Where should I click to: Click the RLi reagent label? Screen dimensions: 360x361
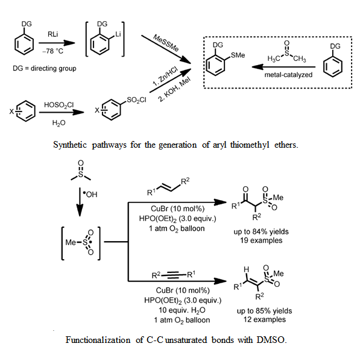pyautogui.click(x=52, y=34)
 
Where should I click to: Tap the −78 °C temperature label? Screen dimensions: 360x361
pyautogui.click(x=52, y=51)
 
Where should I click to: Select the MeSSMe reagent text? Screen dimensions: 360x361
pyautogui.click(x=166, y=43)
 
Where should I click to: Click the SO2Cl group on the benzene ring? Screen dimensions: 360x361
pyautogui.click(x=136, y=100)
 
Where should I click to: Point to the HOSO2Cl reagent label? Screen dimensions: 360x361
pyautogui.click(x=58, y=105)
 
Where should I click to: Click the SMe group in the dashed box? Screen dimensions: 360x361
pyautogui.click(x=238, y=55)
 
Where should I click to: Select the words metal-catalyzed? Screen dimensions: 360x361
pyautogui.click(x=288, y=75)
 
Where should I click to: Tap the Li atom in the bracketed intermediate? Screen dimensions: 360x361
pyautogui.click(x=118, y=34)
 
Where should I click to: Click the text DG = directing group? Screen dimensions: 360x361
pyautogui.click(x=45, y=68)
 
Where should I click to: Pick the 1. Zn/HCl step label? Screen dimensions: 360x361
pyautogui.click(x=165, y=77)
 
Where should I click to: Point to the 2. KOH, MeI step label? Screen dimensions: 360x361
pyautogui.click(x=174, y=89)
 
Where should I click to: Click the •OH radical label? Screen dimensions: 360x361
pyautogui.click(x=90, y=195)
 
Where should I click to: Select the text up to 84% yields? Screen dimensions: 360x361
pyautogui.click(x=261, y=231)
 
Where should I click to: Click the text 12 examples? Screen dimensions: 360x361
pyautogui.click(x=265, y=319)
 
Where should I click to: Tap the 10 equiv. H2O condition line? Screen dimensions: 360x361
pyautogui.click(x=182, y=310)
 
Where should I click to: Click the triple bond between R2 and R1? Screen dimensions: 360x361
pyautogui.click(x=174, y=275)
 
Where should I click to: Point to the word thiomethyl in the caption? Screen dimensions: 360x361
pyautogui.click(x=250, y=145)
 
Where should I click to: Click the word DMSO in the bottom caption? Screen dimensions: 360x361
pyautogui.click(x=271, y=340)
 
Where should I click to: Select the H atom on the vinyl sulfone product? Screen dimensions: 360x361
pyautogui.click(x=246, y=269)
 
